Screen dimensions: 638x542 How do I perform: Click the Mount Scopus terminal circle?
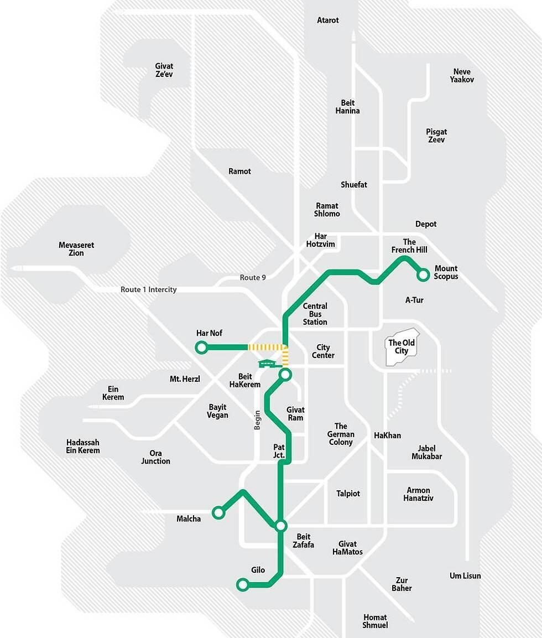pos(424,273)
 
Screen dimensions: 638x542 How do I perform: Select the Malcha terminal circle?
pos(219,513)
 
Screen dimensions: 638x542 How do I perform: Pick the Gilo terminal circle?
pos(242,584)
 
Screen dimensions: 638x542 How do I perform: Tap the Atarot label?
pos(328,20)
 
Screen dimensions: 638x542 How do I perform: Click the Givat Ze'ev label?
pos(164,70)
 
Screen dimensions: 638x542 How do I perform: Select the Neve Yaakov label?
pos(462,76)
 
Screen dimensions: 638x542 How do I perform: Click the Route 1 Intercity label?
pos(149,289)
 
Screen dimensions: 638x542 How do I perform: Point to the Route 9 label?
pos(253,277)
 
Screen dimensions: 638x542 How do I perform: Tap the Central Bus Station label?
pos(315,314)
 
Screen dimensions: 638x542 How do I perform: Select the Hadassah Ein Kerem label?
pos(83,447)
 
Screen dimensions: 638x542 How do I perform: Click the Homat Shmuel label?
pos(376,621)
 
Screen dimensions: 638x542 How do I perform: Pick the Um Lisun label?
pos(465,576)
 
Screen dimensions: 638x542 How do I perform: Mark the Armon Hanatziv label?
pos(419,494)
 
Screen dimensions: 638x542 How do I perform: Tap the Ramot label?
pos(239,172)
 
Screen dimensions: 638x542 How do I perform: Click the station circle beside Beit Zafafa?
pos(281,526)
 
